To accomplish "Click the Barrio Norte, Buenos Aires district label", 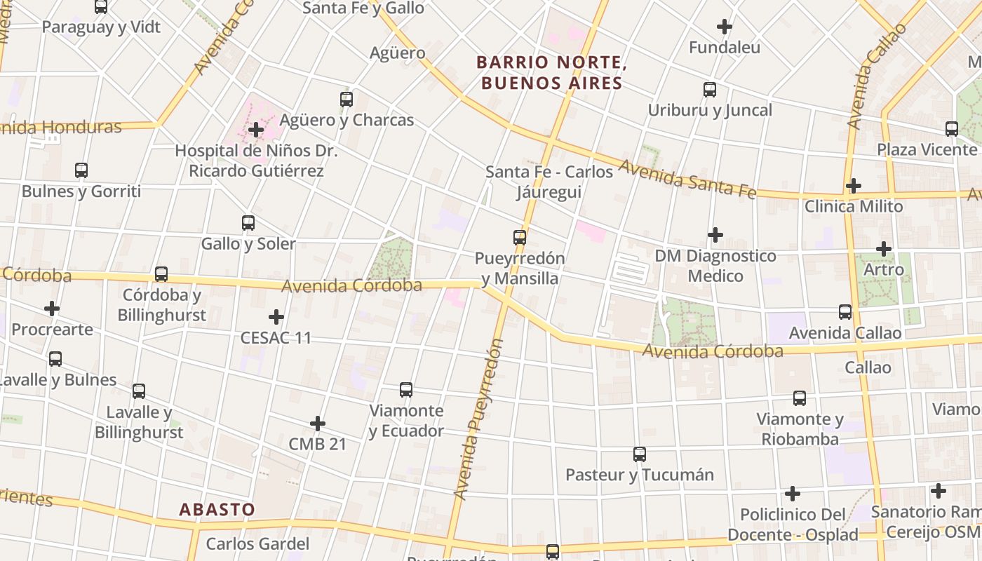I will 549,72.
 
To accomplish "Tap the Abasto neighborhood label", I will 217,509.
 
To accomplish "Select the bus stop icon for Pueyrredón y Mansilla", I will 519,237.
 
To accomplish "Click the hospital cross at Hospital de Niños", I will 256,130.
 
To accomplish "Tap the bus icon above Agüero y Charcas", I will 346,99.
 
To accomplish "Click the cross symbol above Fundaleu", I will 725,27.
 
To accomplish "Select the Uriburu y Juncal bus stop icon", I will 709,90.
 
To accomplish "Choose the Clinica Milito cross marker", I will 853,186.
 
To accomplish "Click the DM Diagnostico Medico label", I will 715,266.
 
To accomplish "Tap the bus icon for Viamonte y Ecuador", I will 405,389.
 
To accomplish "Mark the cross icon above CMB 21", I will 318,424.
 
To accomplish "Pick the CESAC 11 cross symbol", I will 276,317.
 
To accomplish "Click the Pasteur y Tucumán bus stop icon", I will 639,454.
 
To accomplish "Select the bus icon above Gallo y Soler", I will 248,223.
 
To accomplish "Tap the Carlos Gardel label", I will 257,543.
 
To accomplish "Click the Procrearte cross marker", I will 52,309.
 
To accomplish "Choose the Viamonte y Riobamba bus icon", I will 799,398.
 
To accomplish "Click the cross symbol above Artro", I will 884,249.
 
